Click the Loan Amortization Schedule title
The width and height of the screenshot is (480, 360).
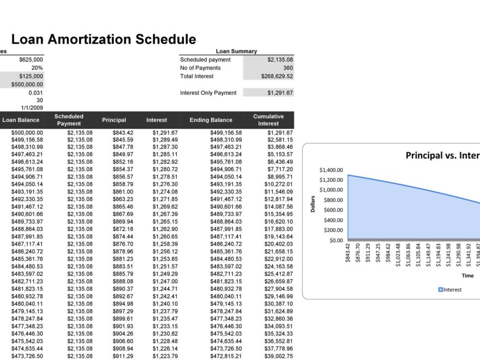103,39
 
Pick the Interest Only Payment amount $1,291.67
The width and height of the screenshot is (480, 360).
280,93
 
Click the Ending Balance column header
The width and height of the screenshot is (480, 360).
211,120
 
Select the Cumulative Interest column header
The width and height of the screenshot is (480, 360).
268,120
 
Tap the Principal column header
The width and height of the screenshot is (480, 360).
113,120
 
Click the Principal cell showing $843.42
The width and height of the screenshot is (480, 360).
123,133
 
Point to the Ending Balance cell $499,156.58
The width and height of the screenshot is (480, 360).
226,133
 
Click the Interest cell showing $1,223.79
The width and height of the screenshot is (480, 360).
165,356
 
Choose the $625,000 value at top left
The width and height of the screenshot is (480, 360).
31,59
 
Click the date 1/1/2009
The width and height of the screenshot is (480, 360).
32,108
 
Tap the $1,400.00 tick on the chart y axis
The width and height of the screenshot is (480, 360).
331,170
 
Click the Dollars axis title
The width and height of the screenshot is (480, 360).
314,205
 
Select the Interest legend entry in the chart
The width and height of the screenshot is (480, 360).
450,290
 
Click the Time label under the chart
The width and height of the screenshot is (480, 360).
467,276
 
